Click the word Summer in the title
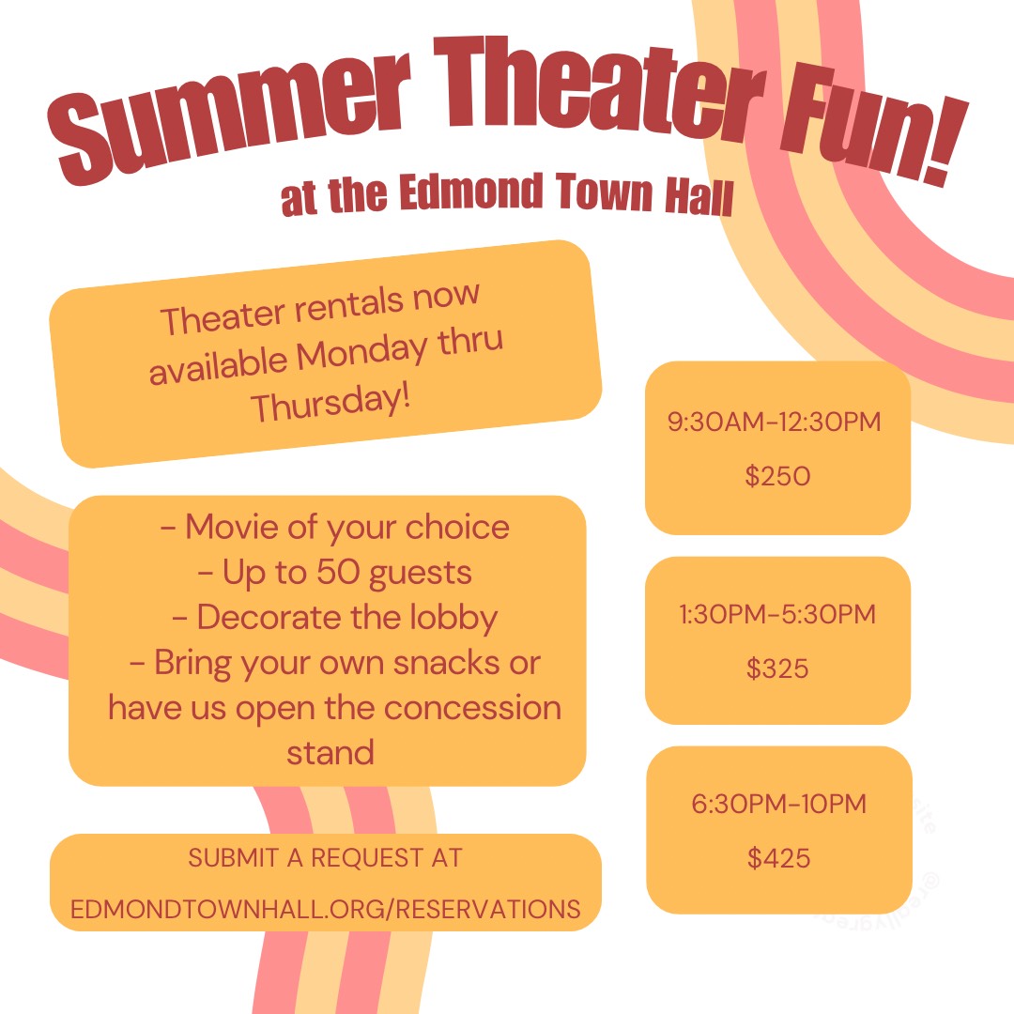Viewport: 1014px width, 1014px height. click(230, 115)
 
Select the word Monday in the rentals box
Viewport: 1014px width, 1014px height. click(362, 353)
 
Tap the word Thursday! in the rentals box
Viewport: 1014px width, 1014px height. click(330, 402)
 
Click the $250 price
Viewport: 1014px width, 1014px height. click(777, 476)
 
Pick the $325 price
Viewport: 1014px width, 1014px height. click(777, 668)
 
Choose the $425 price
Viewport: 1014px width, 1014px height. click(778, 858)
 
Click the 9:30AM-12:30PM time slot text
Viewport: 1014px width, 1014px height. click(774, 422)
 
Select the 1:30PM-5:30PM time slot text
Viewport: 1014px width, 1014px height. click(777, 614)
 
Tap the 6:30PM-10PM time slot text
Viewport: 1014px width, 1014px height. click(778, 804)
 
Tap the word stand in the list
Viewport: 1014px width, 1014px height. click(330, 753)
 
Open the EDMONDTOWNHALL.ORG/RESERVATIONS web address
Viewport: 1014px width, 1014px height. click(325, 909)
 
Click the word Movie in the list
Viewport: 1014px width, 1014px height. click(232, 527)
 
